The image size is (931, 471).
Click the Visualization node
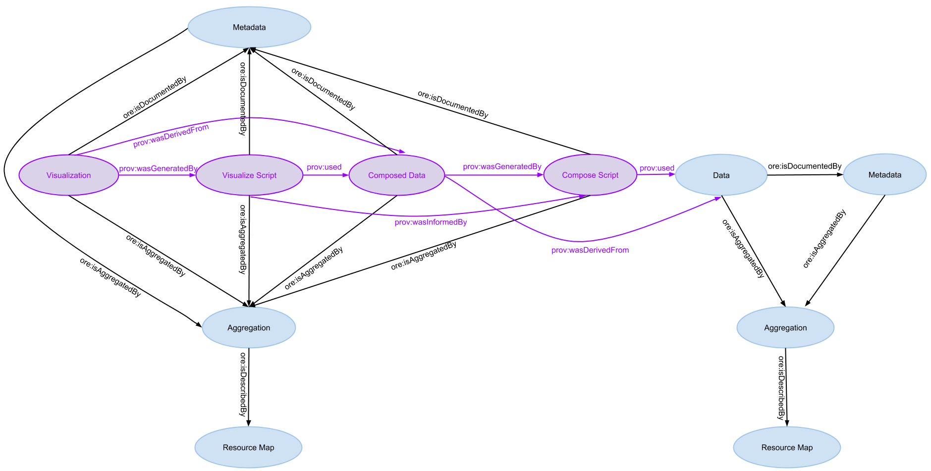pyautogui.click(x=69, y=175)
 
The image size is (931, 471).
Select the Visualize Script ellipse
pyautogui.click(x=249, y=175)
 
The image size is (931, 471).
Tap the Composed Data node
pyautogui.click(x=396, y=175)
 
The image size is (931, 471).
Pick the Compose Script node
pyautogui.click(x=590, y=175)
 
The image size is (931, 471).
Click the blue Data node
pyautogui.click(x=721, y=175)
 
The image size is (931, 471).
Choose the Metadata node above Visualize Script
pyautogui.click(x=249, y=27)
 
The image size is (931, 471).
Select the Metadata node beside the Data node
pyautogui.click(x=884, y=175)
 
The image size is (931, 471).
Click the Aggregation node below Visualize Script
pyautogui.click(x=249, y=328)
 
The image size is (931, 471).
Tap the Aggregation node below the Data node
pyautogui.click(x=785, y=328)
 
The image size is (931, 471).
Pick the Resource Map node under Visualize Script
pyautogui.click(x=248, y=448)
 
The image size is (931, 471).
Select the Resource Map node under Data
pyautogui.click(x=787, y=448)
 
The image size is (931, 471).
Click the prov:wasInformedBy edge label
pyautogui.click(x=431, y=222)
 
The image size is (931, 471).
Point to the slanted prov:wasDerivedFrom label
pyautogui.click(x=171, y=136)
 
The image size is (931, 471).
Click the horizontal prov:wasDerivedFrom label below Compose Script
pyautogui.click(x=590, y=250)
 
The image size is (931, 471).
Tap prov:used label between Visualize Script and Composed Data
pyautogui.click(x=324, y=167)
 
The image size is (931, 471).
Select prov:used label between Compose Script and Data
pyautogui.click(x=657, y=168)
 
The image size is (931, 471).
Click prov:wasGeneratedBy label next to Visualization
pyautogui.click(x=158, y=169)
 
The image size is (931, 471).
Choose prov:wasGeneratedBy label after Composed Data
pyautogui.click(x=502, y=167)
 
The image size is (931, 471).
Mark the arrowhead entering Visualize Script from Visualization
pyautogui.click(x=193, y=175)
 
